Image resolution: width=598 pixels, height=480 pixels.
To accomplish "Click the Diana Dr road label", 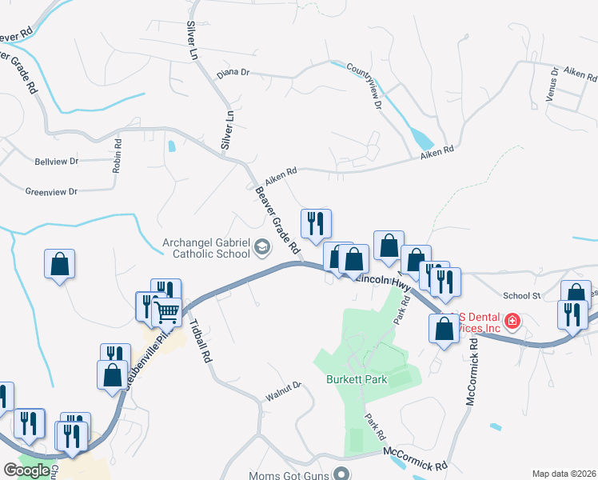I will click(x=233, y=73).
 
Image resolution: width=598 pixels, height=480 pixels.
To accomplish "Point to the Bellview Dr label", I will click(x=57, y=161).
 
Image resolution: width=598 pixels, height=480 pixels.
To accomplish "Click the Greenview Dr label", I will click(x=51, y=192).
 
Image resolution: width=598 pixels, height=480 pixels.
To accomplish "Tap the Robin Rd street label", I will click(x=117, y=156).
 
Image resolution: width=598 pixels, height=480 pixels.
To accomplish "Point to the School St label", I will click(x=522, y=295).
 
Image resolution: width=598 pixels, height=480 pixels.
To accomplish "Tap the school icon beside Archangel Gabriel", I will click(x=261, y=248).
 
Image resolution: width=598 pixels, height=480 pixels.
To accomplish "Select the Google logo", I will click(x=26, y=470).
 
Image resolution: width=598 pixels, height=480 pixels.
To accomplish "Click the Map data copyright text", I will click(x=564, y=474).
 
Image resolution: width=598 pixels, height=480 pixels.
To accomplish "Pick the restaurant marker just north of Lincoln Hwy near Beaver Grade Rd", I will click(x=316, y=223).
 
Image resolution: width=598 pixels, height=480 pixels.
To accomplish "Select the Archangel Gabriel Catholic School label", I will click(x=207, y=248).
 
